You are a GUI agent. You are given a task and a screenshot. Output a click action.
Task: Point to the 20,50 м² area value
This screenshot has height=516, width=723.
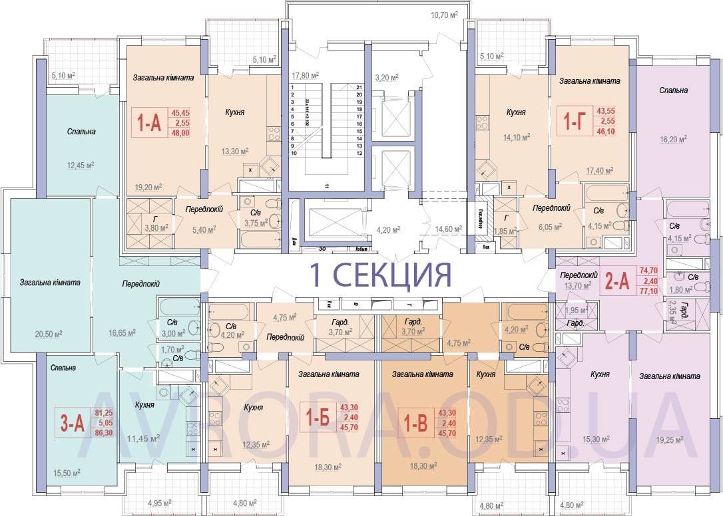point(51,332)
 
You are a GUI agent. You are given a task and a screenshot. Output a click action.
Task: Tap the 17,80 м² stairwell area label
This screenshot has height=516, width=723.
point(304,75)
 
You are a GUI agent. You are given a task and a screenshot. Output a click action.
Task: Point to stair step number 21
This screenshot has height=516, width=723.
point(360,88)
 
